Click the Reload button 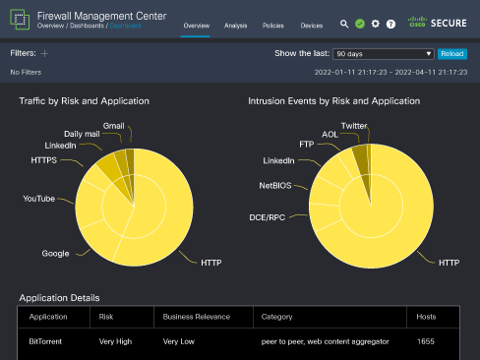click(451, 54)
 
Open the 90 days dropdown click(383, 54)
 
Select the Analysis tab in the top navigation click(235, 25)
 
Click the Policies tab click(273, 25)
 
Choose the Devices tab click(311, 25)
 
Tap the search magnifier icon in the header click(344, 23)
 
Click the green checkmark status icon click(360, 23)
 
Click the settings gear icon click(375, 23)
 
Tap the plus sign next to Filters click(44, 54)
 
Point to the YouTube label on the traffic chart click(39, 199)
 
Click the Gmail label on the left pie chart click(113, 126)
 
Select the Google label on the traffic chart click(55, 253)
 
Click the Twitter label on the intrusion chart click(354, 126)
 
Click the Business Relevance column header click(196, 318)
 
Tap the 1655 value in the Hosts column click(425, 342)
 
